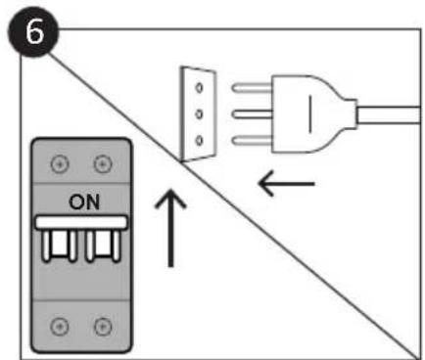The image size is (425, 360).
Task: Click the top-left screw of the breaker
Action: (x=60, y=162)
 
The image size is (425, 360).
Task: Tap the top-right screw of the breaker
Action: (x=101, y=162)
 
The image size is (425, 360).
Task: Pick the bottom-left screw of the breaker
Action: (x=60, y=321)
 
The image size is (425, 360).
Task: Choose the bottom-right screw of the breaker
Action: (x=101, y=321)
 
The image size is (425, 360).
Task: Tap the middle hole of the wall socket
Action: (x=199, y=114)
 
